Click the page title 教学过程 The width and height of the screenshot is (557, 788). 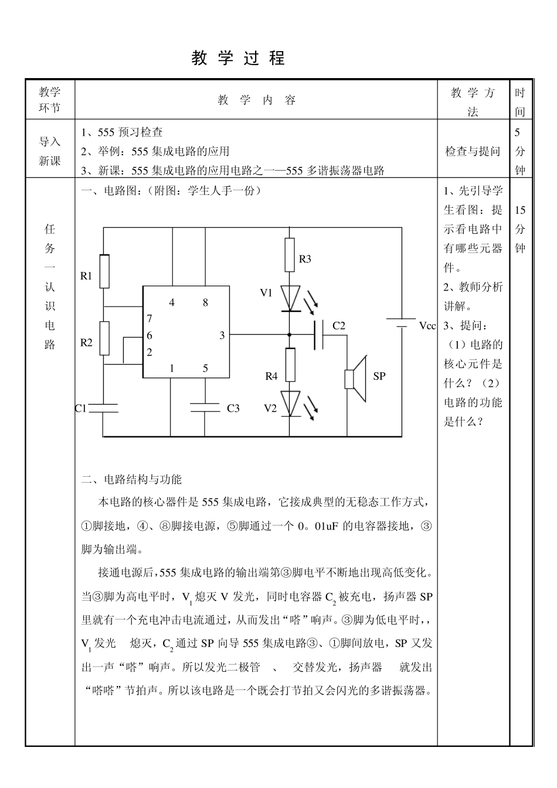(x=238, y=58)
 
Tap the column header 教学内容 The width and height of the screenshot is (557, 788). (x=257, y=100)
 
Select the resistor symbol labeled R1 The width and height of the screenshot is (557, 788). (x=104, y=271)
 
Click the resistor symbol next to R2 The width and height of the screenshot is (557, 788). (x=104, y=338)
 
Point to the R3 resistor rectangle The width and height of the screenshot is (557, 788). (x=290, y=254)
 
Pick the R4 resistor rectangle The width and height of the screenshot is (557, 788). (x=290, y=365)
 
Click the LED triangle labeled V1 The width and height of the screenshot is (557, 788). (x=290, y=298)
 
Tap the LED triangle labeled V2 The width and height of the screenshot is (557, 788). (x=290, y=403)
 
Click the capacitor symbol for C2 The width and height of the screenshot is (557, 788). (x=319, y=335)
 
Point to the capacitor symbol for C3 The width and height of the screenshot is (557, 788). (x=205, y=407)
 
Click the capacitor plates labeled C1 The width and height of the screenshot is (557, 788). (x=104, y=408)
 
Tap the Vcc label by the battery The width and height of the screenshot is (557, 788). (x=427, y=326)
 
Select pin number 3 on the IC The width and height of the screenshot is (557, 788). (x=222, y=335)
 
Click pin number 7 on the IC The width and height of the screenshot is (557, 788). (x=150, y=318)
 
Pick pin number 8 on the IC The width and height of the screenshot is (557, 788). (x=205, y=302)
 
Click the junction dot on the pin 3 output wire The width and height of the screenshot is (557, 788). (x=290, y=335)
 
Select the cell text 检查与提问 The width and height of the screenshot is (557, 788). (x=473, y=151)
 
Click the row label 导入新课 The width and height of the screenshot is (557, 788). (x=50, y=151)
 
